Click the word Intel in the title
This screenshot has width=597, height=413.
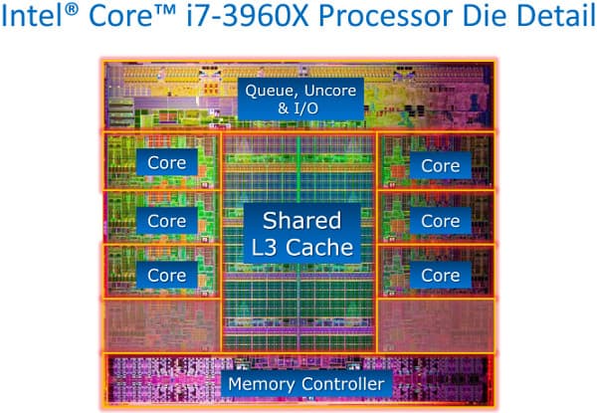pos(40,22)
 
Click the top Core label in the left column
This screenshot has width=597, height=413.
pos(166,162)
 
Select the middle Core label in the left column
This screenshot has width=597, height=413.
pos(166,219)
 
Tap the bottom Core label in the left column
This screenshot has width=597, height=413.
pos(166,274)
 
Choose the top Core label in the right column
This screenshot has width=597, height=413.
pos(440,165)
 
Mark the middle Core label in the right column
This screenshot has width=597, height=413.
pos(440,219)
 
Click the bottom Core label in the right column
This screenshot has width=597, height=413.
pos(440,274)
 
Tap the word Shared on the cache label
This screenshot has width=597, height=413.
pos(300,219)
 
